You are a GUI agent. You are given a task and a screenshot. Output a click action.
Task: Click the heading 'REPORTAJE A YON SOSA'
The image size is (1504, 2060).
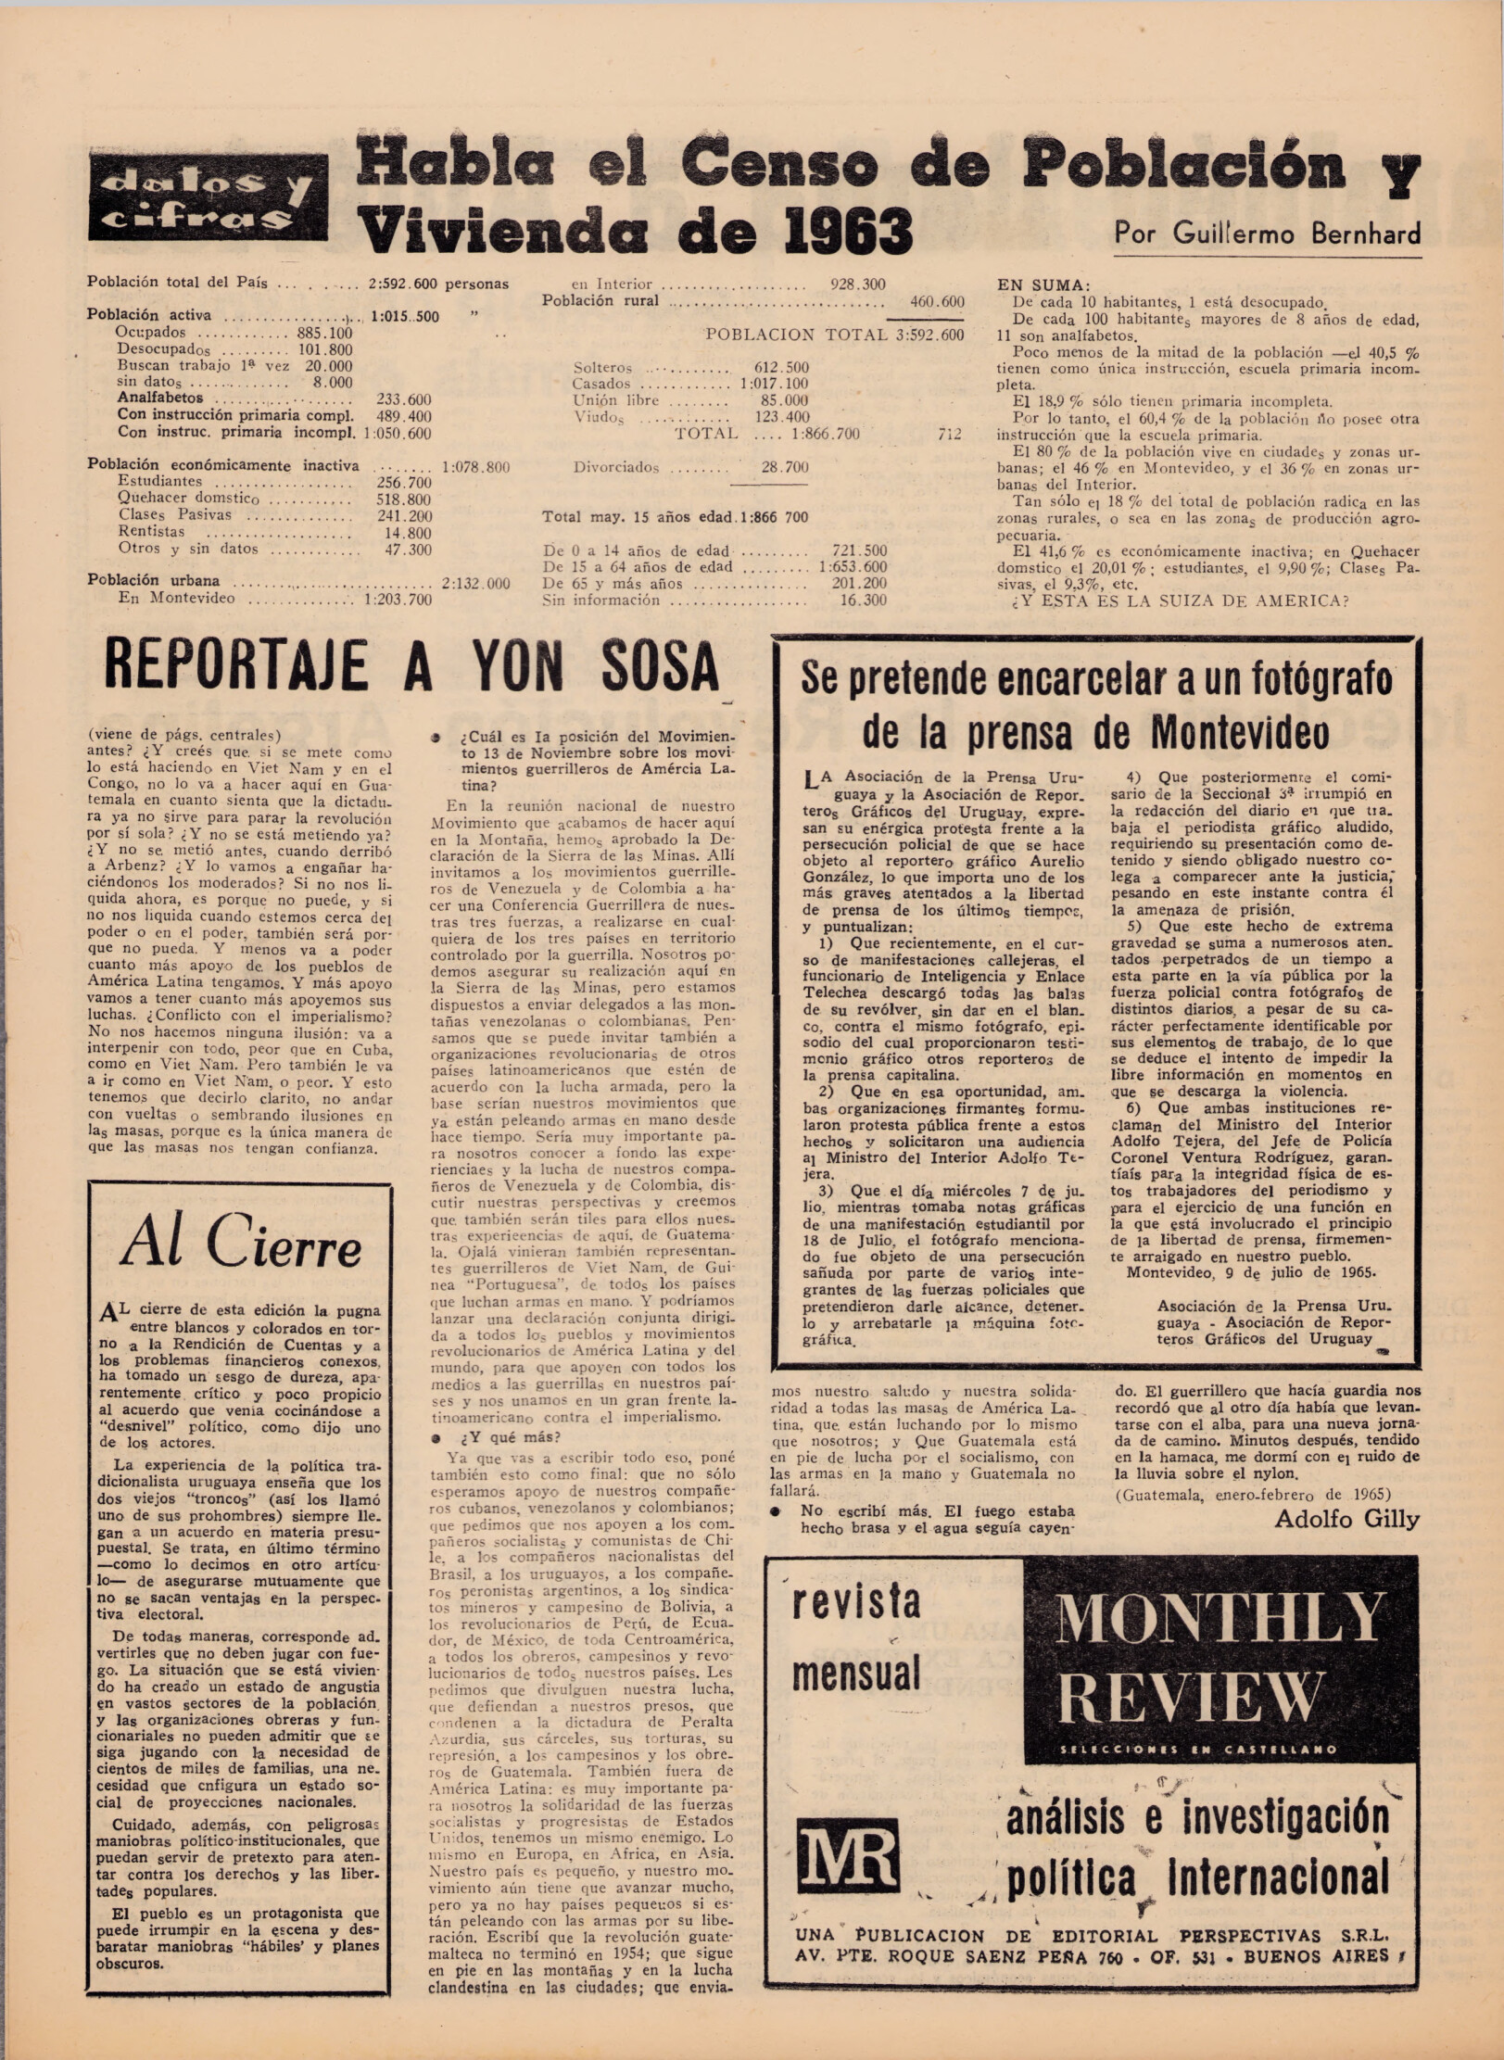click(x=413, y=665)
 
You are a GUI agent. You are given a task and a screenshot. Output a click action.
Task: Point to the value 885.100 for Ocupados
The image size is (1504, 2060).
click(x=324, y=333)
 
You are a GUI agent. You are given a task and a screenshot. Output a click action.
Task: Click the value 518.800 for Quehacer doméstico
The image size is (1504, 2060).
click(x=405, y=499)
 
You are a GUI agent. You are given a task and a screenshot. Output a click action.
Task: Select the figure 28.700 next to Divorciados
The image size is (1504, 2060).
click(x=784, y=467)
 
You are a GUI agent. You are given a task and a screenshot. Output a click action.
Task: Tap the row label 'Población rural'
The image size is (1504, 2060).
click(x=601, y=300)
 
